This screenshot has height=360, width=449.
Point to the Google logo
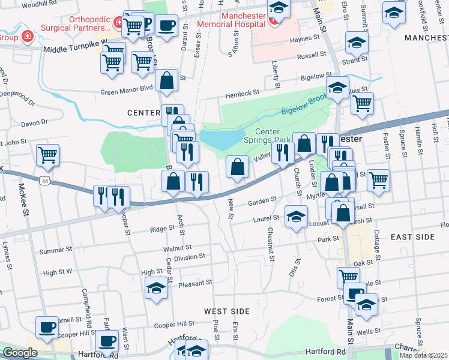pos(19,353)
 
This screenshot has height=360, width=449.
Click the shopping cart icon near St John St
pos(47,155)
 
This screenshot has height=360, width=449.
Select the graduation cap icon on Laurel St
pos(296,217)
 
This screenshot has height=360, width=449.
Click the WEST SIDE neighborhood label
pos(226,311)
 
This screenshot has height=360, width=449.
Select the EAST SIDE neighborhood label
pos(412,237)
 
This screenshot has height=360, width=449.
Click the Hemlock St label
pos(242,94)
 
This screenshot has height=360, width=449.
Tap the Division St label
pos(190,256)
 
